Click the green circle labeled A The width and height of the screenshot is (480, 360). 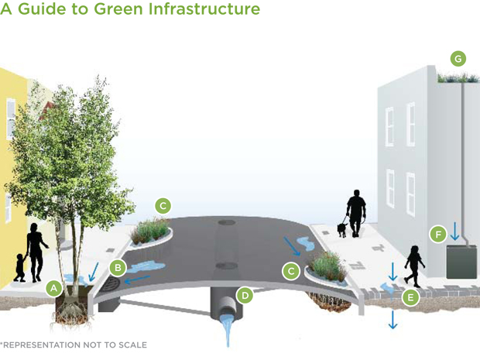(x=53, y=287)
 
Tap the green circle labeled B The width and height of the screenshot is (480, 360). (x=118, y=268)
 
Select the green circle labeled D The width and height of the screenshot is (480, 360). (x=245, y=295)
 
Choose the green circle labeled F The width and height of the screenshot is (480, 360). (x=438, y=234)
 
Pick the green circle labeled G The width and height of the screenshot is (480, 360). (x=458, y=59)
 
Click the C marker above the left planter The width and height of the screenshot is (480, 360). (x=162, y=205)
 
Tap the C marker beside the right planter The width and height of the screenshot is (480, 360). (x=291, y=271)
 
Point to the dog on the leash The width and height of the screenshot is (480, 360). (x=341, y=230)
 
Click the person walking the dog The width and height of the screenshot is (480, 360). (x=356, y=212)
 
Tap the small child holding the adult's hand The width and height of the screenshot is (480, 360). (x=19, y=266)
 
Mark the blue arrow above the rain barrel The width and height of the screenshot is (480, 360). (x=455, y=231)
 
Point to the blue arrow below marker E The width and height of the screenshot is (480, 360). (x=393, y=319)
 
